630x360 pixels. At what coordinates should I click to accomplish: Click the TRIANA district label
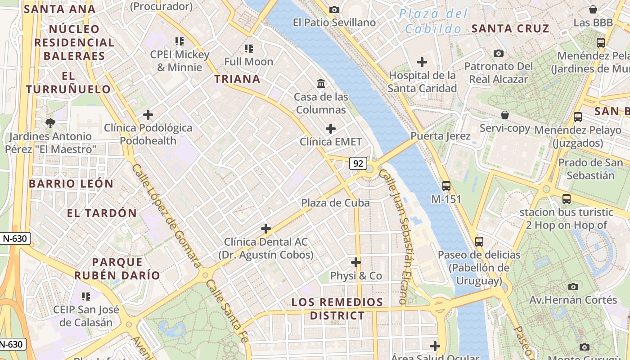click(237, 79)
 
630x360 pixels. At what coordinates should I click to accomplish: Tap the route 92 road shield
click(358, 164)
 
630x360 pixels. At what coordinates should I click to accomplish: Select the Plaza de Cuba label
click(335, 203)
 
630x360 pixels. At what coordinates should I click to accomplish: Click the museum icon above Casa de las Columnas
click(321, 84)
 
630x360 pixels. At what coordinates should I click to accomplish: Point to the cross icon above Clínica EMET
click(331, 129)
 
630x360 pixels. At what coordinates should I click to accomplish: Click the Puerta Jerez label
click(440, 136)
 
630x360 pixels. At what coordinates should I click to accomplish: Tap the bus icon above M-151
click(446, 185)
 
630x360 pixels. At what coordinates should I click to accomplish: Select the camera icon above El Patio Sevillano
click(334, 9)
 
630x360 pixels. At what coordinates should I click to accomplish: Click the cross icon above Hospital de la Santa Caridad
click(422, 62)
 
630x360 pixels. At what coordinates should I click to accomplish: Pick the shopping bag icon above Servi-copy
click(505, 115)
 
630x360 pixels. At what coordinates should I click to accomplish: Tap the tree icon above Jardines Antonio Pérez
click(50, 123)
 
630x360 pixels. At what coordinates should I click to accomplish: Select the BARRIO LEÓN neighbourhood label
click(71, 184)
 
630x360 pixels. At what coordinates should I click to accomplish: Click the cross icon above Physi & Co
click(356, 262)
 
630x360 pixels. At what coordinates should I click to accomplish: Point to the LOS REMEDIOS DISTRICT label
click(337, 309)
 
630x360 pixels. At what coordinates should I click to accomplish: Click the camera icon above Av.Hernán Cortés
click(573, 287)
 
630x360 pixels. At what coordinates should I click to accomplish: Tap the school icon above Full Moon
click(249, 48)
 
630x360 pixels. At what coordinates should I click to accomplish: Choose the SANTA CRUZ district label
click(510, 29)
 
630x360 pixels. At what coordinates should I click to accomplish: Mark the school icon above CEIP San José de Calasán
click(85, 296)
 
